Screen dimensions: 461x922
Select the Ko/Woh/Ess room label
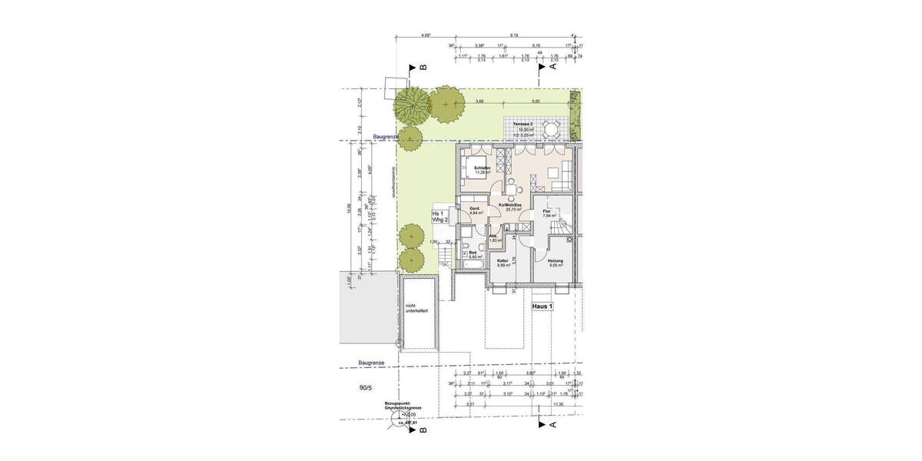510,207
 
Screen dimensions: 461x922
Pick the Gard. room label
474,210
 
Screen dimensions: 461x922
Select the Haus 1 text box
542,306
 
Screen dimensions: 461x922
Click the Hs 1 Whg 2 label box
439,217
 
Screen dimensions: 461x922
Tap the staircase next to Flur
565,227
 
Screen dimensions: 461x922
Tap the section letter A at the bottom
552,424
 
